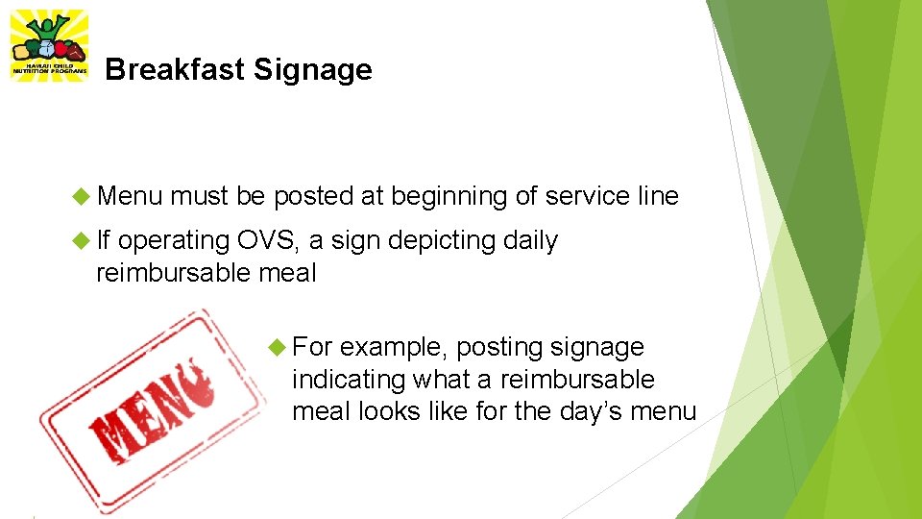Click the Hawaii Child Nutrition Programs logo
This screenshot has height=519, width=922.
click(48, 46)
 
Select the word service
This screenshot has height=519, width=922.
click(587, 196)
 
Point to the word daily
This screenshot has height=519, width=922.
click(531, 240)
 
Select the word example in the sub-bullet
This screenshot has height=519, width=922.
click(394, 347)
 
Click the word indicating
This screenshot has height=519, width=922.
click(349, 380)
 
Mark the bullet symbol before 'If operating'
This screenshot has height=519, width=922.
click(81, 241)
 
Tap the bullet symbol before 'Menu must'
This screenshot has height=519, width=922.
click(81, 197)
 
